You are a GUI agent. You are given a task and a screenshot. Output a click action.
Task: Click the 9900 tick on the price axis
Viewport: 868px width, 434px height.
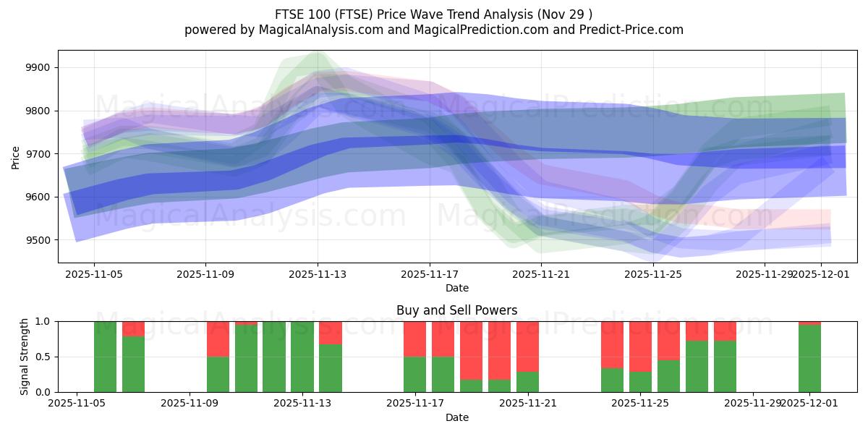[38, 68]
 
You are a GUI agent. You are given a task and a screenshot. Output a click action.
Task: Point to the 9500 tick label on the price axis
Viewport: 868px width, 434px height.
[38, 240]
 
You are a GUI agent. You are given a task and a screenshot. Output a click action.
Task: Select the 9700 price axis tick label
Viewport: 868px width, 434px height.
[38, 154]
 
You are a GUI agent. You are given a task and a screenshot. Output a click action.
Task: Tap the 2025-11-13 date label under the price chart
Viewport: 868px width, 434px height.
[318, 274]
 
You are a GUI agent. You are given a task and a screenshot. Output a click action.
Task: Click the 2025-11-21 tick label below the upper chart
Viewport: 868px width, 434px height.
[542, 274]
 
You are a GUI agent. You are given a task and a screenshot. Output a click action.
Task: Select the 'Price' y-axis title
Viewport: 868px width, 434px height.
[16, 157]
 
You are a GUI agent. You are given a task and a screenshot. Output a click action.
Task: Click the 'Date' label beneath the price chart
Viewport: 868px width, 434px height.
[457, 288]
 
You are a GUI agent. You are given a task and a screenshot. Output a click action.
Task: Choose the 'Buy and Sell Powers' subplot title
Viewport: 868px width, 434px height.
[457, 310]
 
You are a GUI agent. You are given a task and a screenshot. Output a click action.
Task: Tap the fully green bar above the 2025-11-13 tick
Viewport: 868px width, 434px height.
[302, 357]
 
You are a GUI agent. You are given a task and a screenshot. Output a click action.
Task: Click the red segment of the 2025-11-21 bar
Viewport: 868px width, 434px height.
[528, 346]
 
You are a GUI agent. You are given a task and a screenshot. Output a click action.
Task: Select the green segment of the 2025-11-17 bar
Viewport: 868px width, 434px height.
[415, 375]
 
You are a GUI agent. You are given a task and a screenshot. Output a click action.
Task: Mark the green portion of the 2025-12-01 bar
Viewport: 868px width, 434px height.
[810, 359]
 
